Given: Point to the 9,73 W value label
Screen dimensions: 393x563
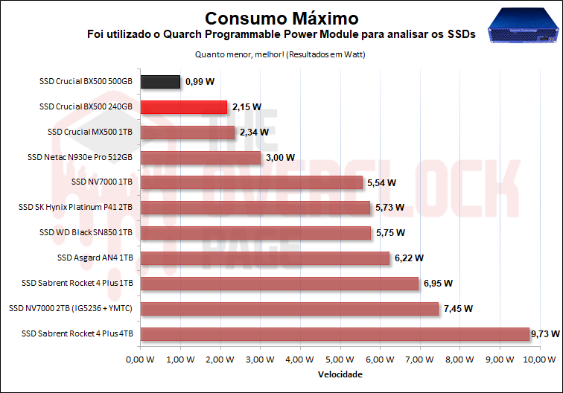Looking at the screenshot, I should click(545, 334).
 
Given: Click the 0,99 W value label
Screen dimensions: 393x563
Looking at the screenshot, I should click(199, 82).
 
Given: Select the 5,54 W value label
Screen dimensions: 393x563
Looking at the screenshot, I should click(381, 182).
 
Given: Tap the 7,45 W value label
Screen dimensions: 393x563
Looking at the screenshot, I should click(458, 308).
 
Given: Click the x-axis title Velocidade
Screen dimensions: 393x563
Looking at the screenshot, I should click(340, 374).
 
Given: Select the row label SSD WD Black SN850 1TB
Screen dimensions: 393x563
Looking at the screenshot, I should click(86, 233).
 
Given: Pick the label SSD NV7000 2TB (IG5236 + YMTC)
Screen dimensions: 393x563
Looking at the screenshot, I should click(71, 308).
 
